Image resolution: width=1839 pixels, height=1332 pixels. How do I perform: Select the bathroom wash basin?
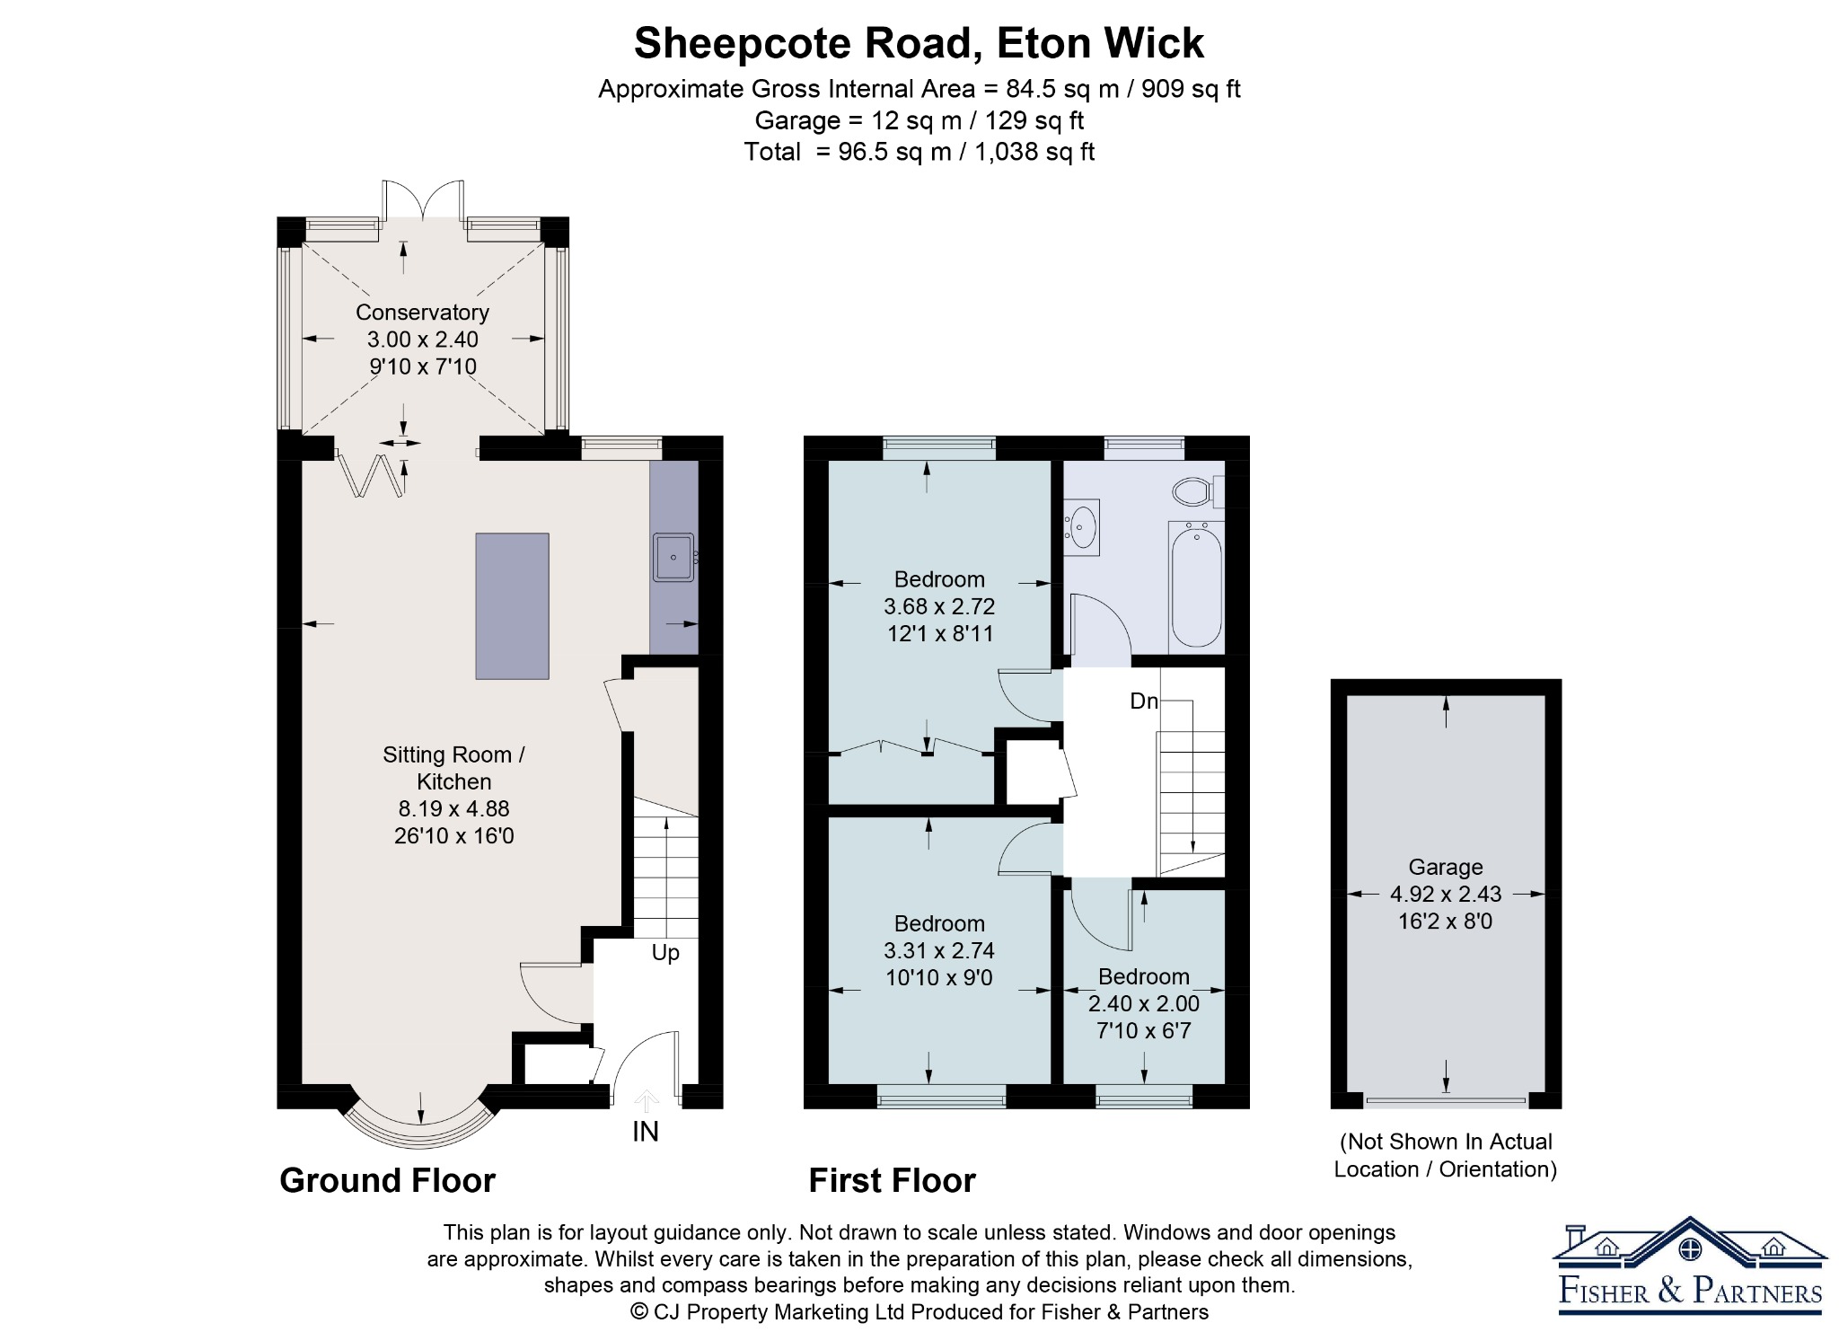tap(1082, 528)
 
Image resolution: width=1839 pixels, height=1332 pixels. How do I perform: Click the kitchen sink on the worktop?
tap(673, 557)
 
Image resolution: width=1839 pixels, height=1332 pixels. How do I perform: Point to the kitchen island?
tap(512, 606)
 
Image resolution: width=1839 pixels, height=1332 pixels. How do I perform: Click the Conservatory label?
tap(422, 313)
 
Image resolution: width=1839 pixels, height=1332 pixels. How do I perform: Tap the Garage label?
tap(1446, 868)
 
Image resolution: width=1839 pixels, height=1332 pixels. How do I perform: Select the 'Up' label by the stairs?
tap(665, 953)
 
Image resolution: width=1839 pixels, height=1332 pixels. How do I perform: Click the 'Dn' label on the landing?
tap(1144, 701)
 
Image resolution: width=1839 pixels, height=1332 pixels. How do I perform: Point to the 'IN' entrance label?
tap(646, 1132)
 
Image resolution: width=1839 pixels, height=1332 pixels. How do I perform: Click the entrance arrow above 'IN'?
tap(646, 1100)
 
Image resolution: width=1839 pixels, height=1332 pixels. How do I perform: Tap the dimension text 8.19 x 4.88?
tap(454, 808)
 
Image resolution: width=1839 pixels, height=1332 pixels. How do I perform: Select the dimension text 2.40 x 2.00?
tap(1144, 1003)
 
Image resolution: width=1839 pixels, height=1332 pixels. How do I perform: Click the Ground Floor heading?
tap(387, 1180)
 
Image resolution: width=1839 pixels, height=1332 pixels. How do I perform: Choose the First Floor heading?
tap(892, 1180)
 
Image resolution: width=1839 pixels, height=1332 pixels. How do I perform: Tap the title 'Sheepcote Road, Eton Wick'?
tap(919, 43)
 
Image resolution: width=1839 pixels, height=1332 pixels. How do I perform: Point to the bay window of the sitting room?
tap(420, 1121)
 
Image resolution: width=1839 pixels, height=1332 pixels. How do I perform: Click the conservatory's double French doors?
tap(423, 199)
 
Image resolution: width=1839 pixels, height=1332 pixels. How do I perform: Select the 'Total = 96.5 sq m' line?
tap(919, 152)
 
